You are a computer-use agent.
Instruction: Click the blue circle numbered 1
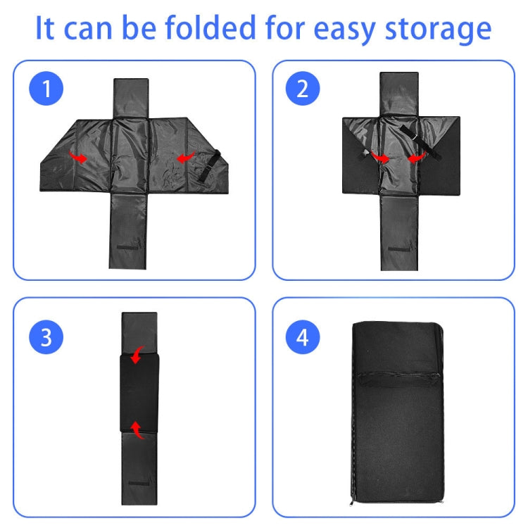click(x=46, y=89)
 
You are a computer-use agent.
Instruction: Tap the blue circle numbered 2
click(x=303, y=89)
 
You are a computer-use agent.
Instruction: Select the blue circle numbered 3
click(x=46, y=337)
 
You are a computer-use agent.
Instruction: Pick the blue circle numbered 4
click(x=303, y=337)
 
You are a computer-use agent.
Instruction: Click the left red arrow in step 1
click(x=79, y=158)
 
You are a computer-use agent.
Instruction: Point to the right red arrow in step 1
click(x=184, y=159)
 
